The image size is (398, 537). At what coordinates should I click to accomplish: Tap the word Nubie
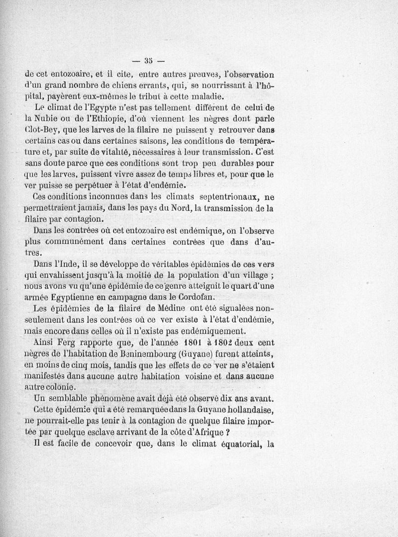pyautogui.click(x=49, y=118)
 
